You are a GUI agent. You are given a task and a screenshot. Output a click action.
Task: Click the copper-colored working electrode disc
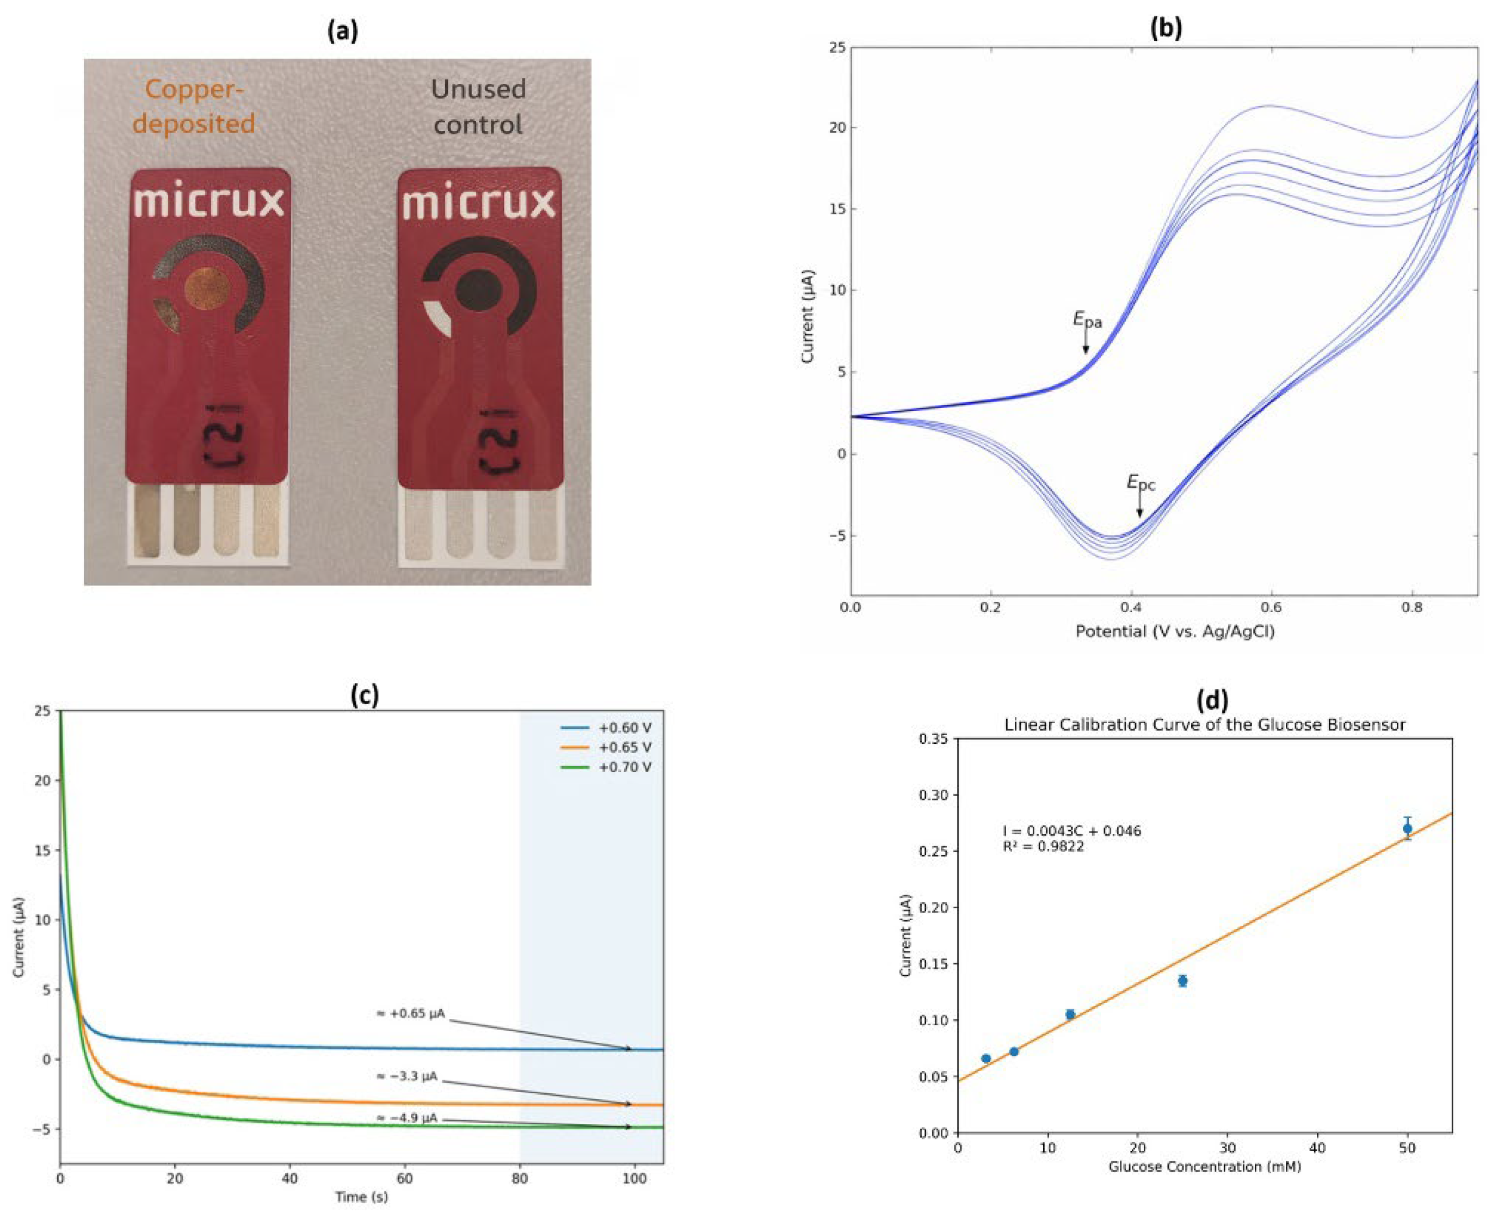[207, 288]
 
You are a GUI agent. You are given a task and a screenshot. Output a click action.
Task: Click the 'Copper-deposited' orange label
[194, 107]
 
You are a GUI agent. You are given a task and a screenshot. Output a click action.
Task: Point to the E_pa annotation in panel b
[1087, 320]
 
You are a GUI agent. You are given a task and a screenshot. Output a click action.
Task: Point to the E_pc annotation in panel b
[1140, 482]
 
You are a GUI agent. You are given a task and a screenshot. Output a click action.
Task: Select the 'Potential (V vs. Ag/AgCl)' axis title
[1175, 631]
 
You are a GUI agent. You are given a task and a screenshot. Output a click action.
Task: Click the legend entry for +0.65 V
[624, 747]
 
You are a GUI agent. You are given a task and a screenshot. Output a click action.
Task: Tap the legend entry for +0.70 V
[624, 767]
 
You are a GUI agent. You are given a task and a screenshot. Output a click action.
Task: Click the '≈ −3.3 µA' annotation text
[406, 1076]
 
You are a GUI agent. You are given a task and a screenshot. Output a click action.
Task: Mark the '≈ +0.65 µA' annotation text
[411, 1014]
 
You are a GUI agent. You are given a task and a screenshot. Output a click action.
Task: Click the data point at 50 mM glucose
[1407, 829]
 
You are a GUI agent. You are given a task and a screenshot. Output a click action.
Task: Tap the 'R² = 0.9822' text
[1043, 847]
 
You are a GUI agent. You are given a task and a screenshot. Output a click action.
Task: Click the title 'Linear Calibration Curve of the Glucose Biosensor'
[1205, 725]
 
